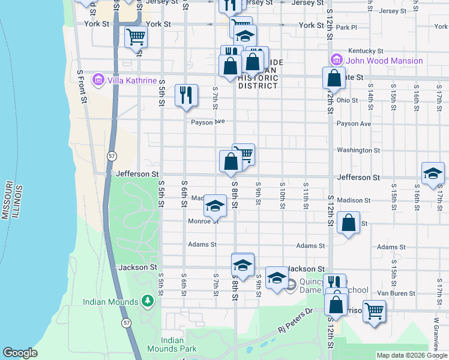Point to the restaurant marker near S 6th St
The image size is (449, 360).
coord(186,95)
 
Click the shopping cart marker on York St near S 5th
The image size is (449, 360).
coord(136,37)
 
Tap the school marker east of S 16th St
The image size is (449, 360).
coord(433,174)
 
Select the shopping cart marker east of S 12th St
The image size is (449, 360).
coord(374,311)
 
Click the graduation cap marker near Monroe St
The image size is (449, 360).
coord(215,207)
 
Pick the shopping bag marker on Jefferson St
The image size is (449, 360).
coord(231,162)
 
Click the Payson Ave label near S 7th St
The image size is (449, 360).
coord(208,121)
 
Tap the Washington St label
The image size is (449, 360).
coord(358,150)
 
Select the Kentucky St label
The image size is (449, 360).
coord(366,51)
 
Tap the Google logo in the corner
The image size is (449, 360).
coord(20,353)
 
